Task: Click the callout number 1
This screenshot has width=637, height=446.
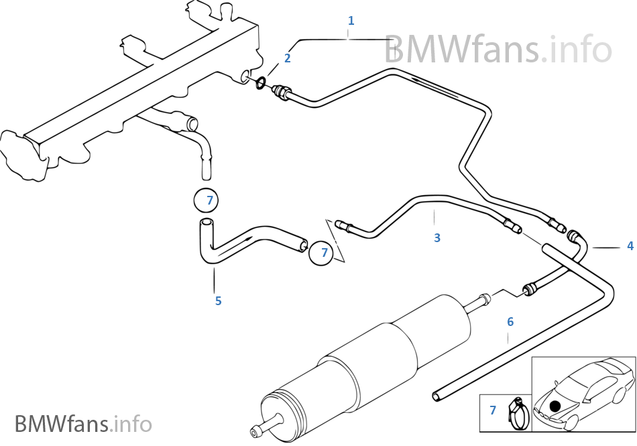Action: point(351,21)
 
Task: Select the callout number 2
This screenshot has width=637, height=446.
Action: point(287,58)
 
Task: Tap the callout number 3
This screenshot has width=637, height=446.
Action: point(437,237)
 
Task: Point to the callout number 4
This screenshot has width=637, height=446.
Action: point(630,246)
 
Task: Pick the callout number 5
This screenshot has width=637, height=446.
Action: point(218,300)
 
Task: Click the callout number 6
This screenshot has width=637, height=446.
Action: point(510,322)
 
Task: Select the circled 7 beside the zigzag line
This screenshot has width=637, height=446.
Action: point(324,252)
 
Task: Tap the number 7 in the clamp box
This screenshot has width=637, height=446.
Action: point(493,410)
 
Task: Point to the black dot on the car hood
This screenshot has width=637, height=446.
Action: point(554,405)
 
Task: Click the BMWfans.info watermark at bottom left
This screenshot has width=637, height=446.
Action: point(83,424)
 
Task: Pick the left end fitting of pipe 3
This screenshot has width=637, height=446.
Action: point(343,225)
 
